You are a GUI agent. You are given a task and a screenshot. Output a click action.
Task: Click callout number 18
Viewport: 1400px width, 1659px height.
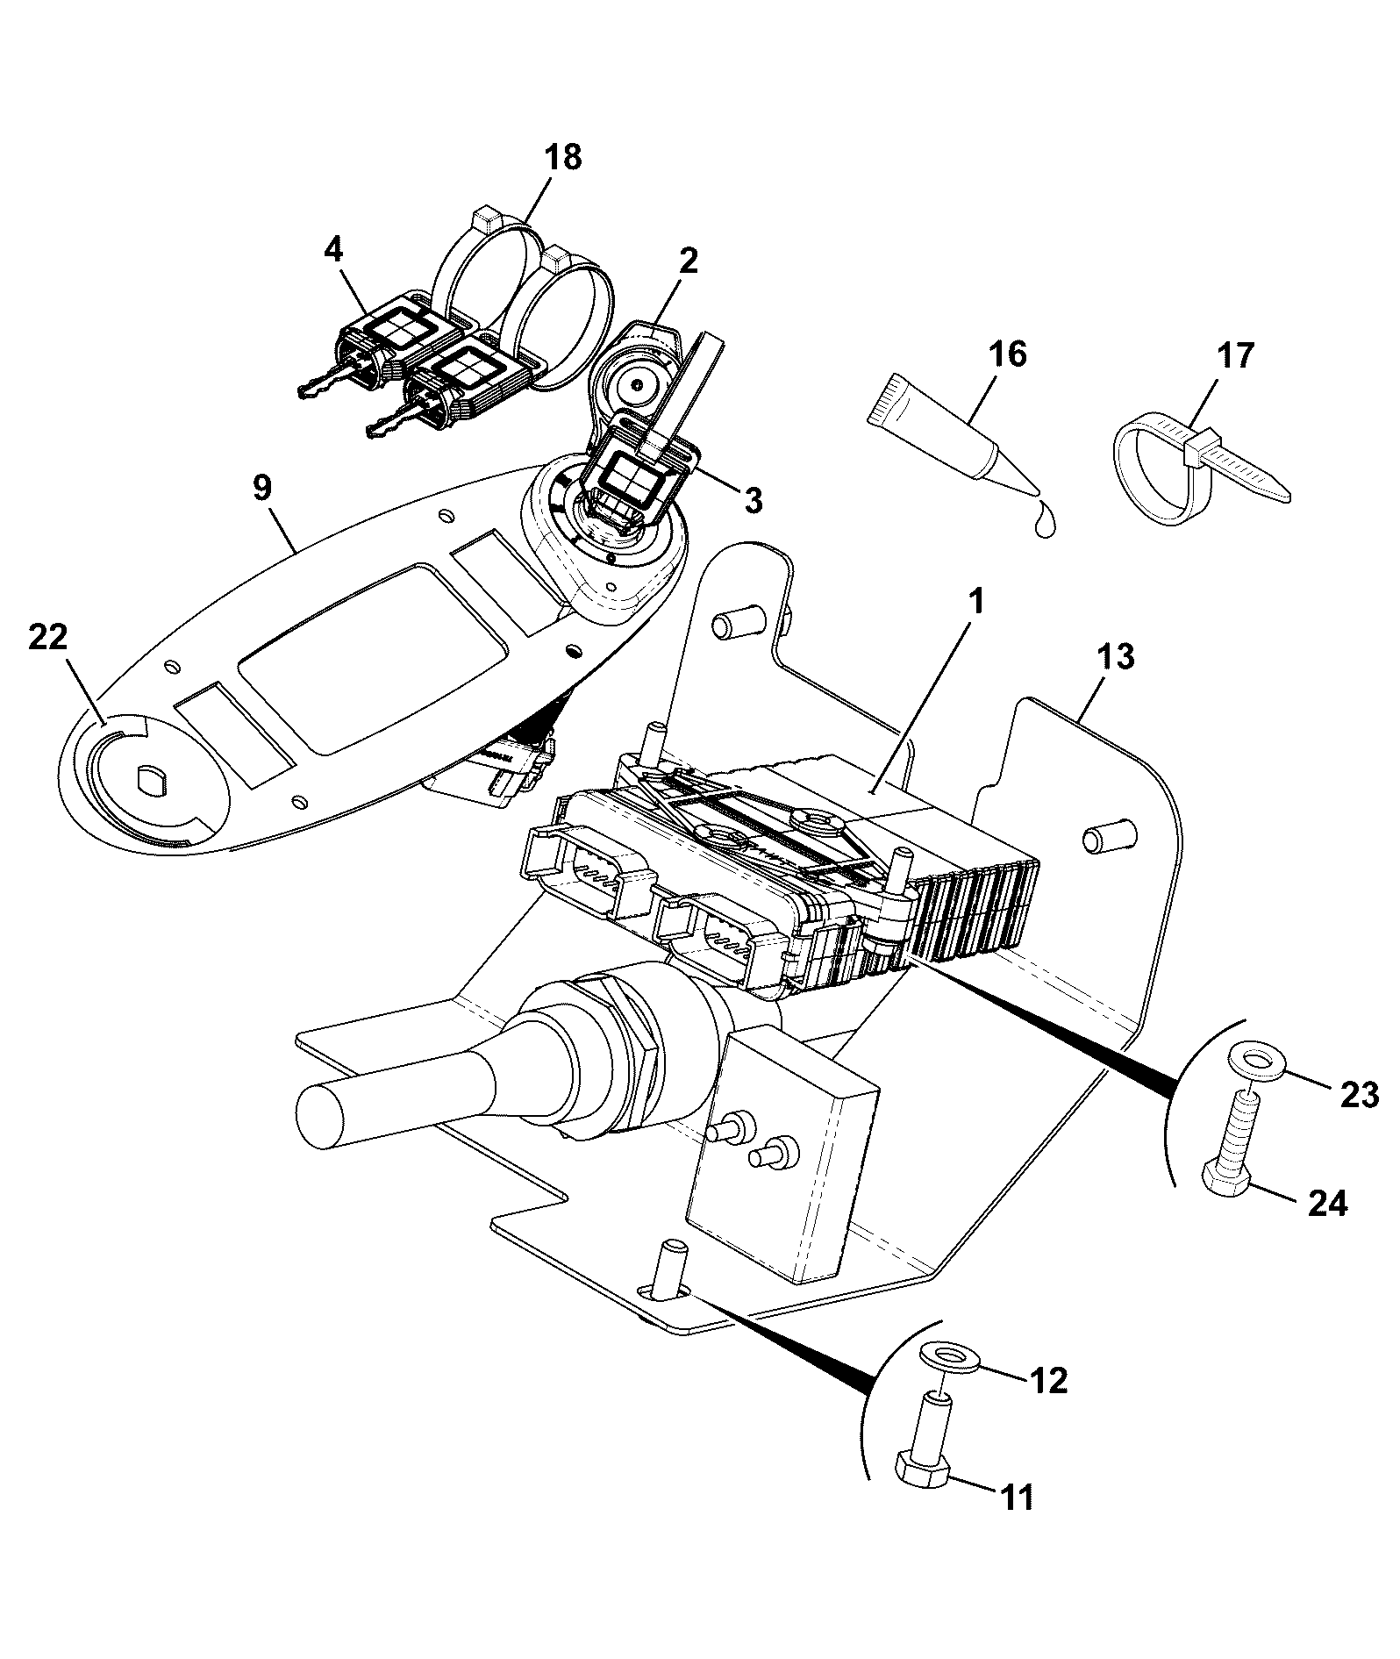(x=562, y=158)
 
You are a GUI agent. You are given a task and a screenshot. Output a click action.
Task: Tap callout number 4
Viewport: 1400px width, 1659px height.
(x=332, y=250)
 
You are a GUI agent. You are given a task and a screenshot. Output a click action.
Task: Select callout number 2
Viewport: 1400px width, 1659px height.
(x=688, y=261)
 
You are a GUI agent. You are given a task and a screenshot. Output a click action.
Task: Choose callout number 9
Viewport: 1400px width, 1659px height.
(x=263, y=488)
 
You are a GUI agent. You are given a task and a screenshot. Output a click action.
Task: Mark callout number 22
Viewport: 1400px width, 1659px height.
(x=47, y=638)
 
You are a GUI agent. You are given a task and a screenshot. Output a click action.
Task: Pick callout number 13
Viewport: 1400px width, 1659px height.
(x=1115, y=656)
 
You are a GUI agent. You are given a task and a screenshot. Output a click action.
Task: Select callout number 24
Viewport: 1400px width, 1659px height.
(x=1327, y=1205)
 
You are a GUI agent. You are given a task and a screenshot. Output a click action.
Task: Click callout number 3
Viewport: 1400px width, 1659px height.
(x=753, y=501)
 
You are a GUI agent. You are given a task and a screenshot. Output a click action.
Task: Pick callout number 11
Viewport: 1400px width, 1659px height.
(x=1018, y=1498)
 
